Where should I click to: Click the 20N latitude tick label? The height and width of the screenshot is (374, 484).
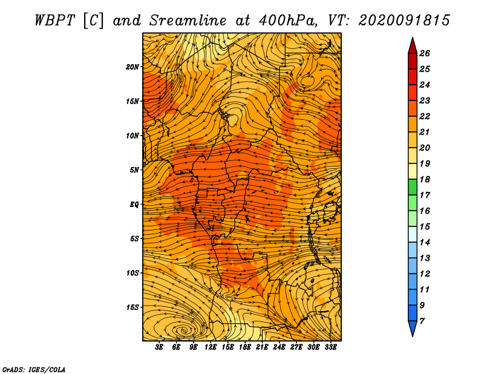[x=132, y=67]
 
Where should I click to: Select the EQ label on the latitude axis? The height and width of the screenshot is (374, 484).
[x=134, y=205]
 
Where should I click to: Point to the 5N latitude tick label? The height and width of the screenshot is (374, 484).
[x=134, y=170]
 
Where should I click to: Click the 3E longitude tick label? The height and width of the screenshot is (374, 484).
[x=159, y=347]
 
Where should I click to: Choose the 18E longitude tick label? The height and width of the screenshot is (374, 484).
[x=245, y=347]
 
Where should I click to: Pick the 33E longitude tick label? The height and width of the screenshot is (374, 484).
[x=330, y=347]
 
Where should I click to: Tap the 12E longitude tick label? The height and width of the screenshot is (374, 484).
[x=211, y=347]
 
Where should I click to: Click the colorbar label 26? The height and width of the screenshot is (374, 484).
[x=425, y=53]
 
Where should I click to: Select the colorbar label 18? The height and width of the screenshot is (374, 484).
[x=425, y=179]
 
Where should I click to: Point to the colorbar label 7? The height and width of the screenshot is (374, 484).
[x=422, y=321]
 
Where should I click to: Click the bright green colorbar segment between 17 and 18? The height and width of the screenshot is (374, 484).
[x=413, y=187]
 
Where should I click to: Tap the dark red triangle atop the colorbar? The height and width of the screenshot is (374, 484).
[x=413, y=47]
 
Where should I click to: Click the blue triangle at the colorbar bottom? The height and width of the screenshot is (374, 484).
[x=413, y=328]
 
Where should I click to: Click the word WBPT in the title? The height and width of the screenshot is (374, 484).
[x=54, y=21]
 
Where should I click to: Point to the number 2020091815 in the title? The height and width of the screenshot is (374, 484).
[x=404, y=21]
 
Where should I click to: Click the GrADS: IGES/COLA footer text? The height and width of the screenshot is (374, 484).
[x=34, y=369]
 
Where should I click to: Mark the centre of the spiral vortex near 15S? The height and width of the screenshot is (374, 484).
[x=185, y=331]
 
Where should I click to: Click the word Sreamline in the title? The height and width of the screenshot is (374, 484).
[x=188, y=21]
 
